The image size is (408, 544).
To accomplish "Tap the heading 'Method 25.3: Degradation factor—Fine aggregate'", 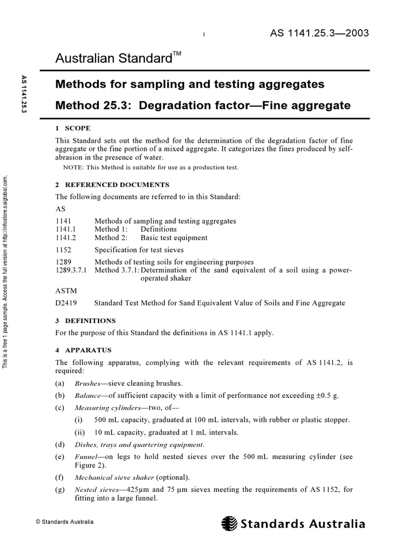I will tap(203, 105).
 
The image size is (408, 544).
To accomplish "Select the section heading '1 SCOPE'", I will tap(73, 128).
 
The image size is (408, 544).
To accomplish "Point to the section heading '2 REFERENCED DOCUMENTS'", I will tap(113, 185).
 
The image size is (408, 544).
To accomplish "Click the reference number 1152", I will tap(63, 249).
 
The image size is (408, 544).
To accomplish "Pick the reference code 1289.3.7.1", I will tap(73, 270).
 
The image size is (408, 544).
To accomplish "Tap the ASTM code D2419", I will tap(66, 303).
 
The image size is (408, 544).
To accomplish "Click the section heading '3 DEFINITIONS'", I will tap(86, 321).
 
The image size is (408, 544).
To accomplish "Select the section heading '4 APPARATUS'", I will tap(83, 350).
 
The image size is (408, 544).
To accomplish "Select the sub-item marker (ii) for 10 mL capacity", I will tap(80, 432).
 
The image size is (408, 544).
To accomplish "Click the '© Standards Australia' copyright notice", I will tap(64, 522).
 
